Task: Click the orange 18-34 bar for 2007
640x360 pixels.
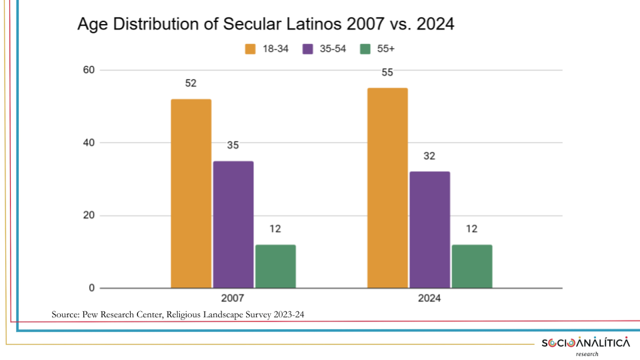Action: tap(191, 193)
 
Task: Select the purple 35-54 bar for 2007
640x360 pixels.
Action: tap(233, 224)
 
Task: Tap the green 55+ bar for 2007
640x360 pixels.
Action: tap(275, 266)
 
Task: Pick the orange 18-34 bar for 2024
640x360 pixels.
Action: tap(387, 188)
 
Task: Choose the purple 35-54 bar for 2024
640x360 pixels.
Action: tap(430, 229)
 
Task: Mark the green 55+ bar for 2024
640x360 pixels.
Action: tap(472, 266)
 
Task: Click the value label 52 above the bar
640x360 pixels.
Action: tap(191, 84)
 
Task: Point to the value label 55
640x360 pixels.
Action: tap(387, 73)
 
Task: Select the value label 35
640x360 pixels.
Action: tap(233, 146)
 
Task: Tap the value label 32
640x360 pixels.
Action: tap(430, 157)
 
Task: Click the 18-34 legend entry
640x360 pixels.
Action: tap(267, 49)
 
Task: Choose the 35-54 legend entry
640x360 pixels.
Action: tap(325, 49)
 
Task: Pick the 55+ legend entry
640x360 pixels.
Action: tap(378, 49)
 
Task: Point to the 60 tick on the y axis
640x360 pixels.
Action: tap(89, 70)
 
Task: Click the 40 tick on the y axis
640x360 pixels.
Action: tap(89, 143)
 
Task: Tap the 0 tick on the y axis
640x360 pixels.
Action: tap(92, 288)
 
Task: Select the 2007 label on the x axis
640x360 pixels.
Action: tap(233, 299)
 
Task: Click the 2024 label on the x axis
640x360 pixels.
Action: tap(430, 299)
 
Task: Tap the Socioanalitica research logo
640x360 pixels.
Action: tap(585, 345)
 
